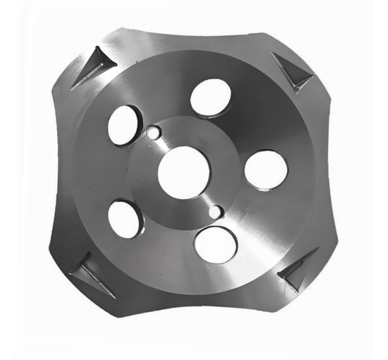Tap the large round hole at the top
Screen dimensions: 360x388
click(211, 97)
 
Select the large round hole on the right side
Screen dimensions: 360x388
click(266, 169)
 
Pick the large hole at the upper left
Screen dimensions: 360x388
click(124, 125)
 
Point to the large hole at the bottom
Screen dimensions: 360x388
click(216, 244)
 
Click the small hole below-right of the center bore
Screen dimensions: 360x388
click(217, 211)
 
